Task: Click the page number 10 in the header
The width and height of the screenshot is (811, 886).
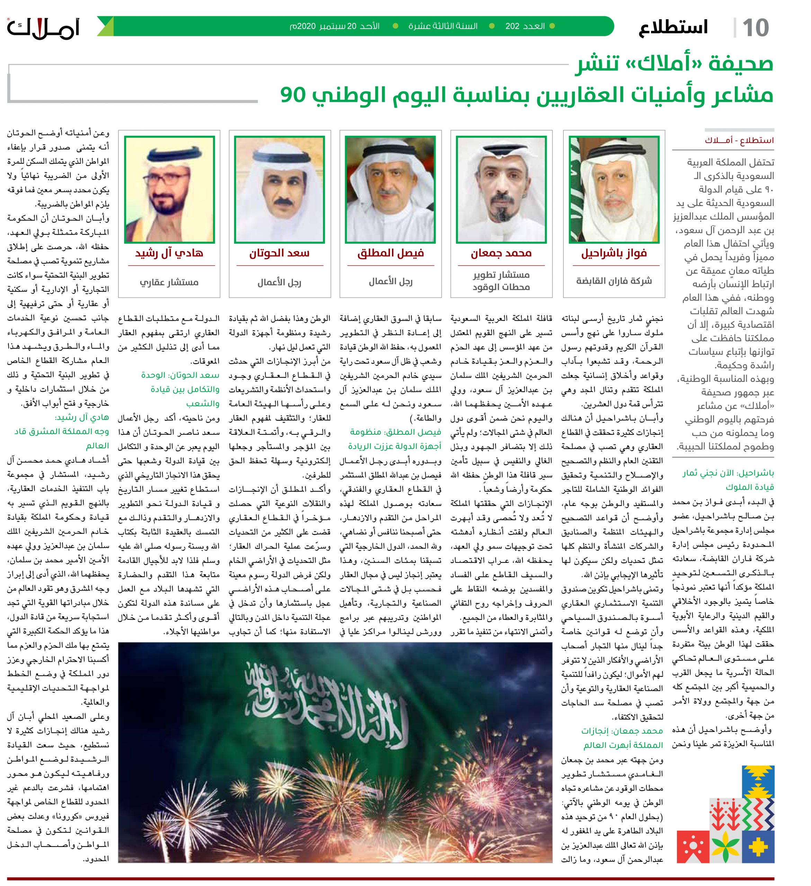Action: pos(756,28)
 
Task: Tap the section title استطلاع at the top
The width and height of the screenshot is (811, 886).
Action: pos(673,28)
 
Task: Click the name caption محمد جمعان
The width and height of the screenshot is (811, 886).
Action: pos(501,254)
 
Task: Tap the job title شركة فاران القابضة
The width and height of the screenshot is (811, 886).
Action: pos(614,281)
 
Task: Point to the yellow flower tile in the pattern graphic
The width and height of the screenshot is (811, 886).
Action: pos(726,842)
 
